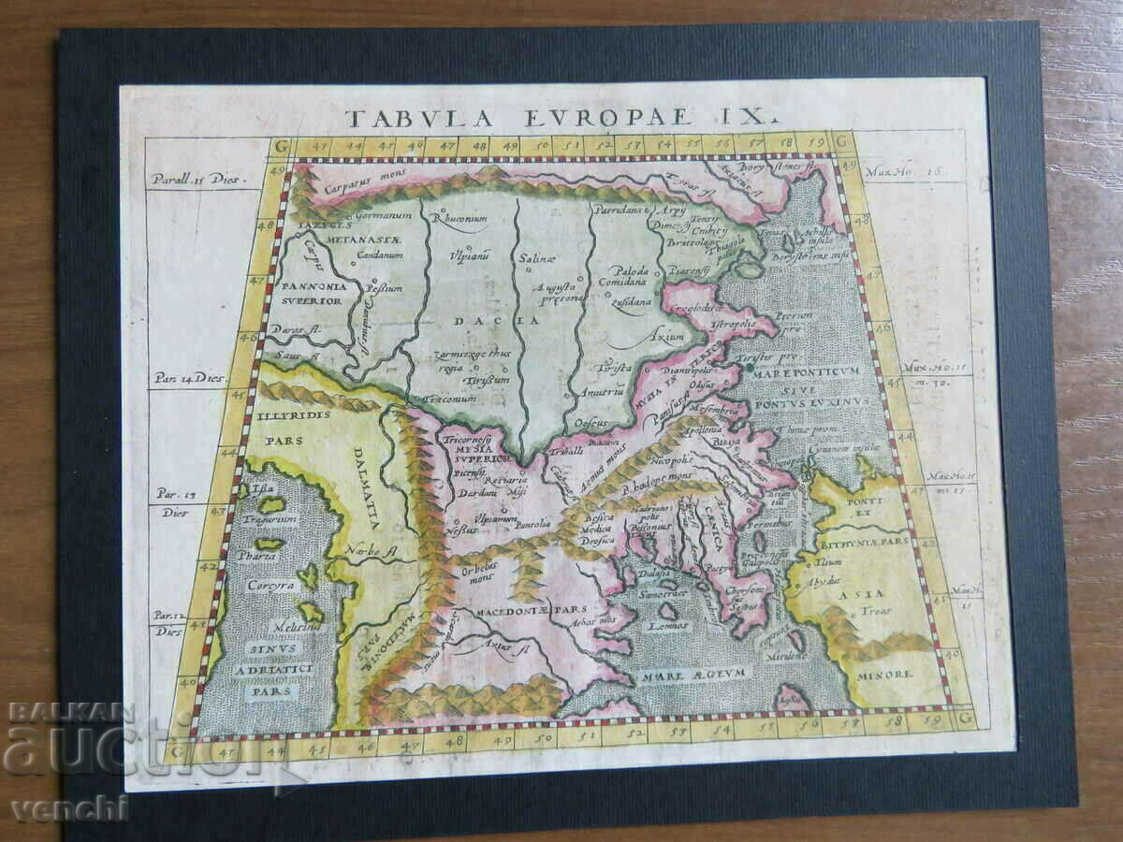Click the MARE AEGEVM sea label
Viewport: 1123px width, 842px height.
pyautogui.click(x=690, y=673)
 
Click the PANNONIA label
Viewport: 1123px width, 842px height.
pyautogui.click(x=311, y=286)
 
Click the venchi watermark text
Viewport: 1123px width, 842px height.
pyautogui.click(x=68, y=808)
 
